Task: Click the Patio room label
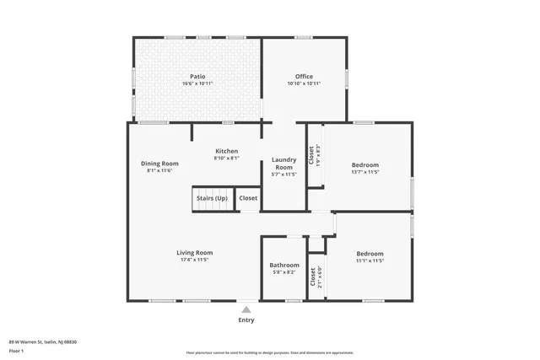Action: click(x=198, y=76)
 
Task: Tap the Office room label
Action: click(x=304, y=76)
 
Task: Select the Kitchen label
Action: click(x=226, y=151)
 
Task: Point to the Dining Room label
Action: click(x=159, y=163)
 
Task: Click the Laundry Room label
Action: click(x=283, y=164)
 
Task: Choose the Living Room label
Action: click(x=194, y=252)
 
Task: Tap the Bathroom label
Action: click(x=284, y=265)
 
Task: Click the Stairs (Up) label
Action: click(x=212, y=198)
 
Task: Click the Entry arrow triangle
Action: click(x=246, y=309)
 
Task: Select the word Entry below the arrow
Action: click(x=246, y=320)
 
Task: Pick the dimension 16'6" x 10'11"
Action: click(x=198, y=83)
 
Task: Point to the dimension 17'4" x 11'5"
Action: click(x=194, y=260)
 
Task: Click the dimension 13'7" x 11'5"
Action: click(x=365, y=172)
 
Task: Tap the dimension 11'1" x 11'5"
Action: click(x=370, y=261)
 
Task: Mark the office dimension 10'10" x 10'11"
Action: click(x=304, y=83)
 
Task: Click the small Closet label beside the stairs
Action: click(x=248, y=198)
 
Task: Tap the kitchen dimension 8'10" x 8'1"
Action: click(x=226, y=158)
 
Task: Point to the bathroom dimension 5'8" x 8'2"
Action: click(x=284, y=271)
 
